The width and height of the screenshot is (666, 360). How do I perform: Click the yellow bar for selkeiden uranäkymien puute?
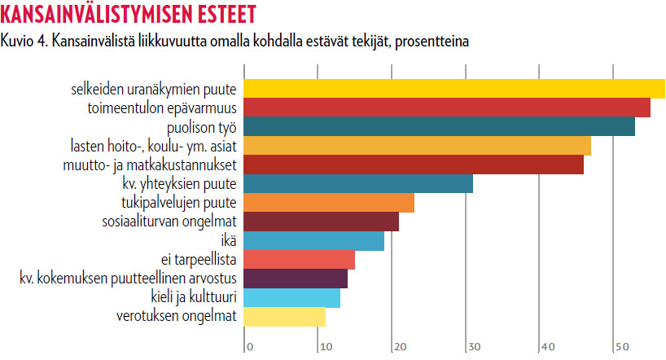pos(454,88)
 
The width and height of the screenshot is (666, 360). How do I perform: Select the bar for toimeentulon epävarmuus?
pos(447,108)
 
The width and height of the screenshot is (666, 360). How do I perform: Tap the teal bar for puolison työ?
pos(439,127)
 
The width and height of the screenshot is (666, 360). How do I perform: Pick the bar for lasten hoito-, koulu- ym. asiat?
pos(417,146)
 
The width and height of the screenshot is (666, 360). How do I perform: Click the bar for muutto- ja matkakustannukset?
pos(414,165)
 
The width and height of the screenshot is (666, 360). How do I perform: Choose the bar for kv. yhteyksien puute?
pos(358,184)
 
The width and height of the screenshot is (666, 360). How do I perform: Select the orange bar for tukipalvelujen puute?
pos(329,203)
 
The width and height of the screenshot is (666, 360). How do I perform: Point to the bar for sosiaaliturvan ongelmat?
pos(322,222)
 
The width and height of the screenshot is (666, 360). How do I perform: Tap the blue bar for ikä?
pos(313,240)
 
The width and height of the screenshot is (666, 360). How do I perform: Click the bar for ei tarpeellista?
pos(299,260)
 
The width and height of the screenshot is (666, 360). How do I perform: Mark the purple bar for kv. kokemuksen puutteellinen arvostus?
pos(296,279)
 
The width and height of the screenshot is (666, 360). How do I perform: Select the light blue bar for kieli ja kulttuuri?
pos(291,297)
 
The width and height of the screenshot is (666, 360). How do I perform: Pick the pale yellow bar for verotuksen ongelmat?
pos(284,316)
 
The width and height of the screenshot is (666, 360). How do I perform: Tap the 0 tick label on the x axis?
pos(250,348)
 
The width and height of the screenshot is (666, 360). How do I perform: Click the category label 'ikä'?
pos(229,241)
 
